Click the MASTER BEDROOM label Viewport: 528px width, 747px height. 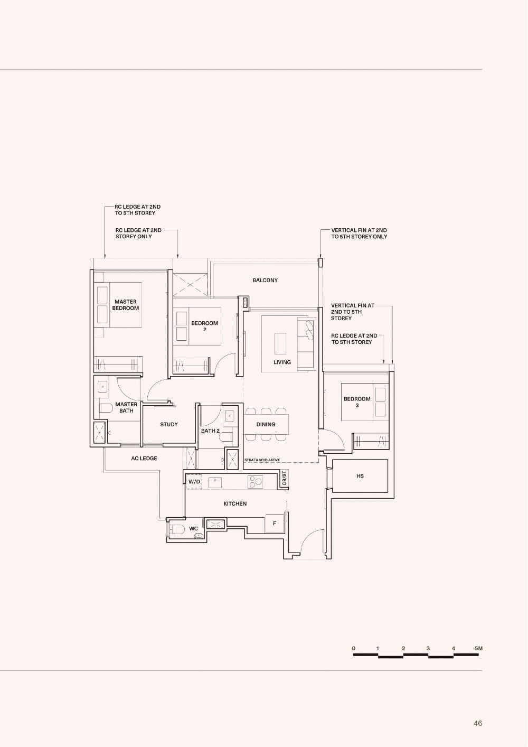pos(126,305)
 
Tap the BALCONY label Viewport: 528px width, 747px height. pos(265,280)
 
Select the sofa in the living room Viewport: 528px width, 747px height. pos(306,343)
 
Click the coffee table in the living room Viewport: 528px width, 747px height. pos(280,343)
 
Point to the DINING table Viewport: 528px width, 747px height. pos(266,424)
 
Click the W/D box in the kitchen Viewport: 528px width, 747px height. pos(194,482)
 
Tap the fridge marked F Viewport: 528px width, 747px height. pos(275,524)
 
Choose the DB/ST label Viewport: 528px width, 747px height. pos(284,478)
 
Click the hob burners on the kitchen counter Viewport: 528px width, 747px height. pos(256,481)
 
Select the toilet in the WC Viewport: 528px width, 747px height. pos(178,529)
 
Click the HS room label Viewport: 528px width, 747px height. pos(360,476)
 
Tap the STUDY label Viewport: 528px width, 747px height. pos(169,424)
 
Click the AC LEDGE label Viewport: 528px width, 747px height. pos(144,458)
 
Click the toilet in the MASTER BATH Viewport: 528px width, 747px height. pos(106,407)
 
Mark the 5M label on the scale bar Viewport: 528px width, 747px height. pos(478,648)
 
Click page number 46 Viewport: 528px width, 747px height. pos(477,723)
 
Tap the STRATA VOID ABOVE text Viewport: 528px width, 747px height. pos(262,460)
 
